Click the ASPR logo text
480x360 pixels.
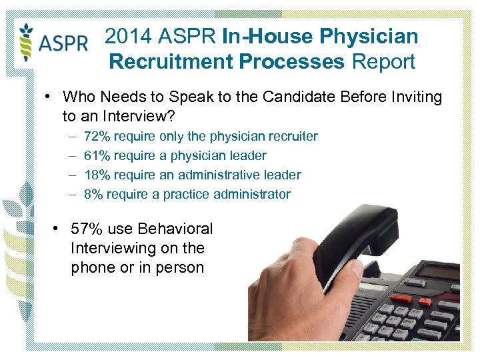(64, 44)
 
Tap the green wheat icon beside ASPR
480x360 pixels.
(27, 43)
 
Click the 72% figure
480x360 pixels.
(97, 136)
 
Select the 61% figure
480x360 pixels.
(97, 155)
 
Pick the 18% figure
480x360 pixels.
(97, 175)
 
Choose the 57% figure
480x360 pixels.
(87, 229)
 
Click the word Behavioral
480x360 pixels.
(175, 229)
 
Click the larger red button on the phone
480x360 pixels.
(401, 299)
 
